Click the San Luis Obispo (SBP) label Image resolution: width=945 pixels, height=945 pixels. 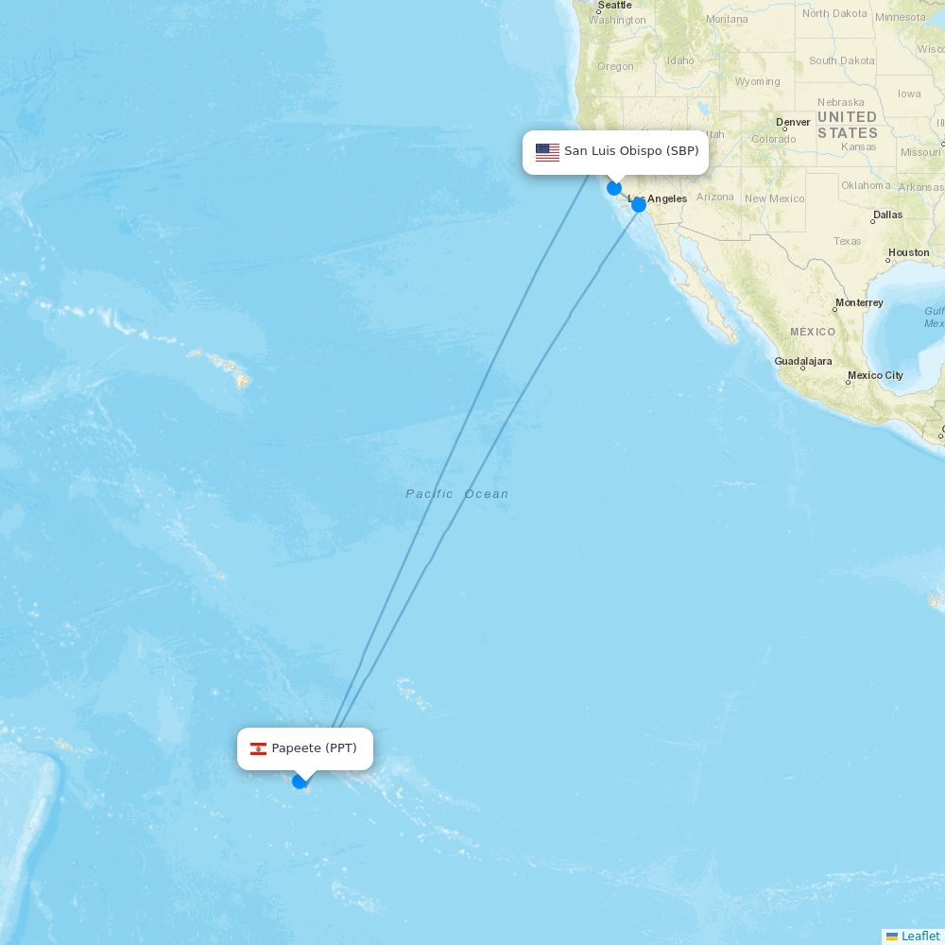click(630, 151)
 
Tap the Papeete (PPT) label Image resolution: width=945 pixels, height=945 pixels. click(314, 748)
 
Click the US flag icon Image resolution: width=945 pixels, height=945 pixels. click(547, 152)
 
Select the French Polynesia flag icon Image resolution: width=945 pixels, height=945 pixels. click(258, 749)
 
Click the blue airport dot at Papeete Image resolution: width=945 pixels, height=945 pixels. click(300, 781)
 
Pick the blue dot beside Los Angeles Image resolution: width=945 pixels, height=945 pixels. click(639, 204)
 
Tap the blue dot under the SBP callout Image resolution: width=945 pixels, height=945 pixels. click(614, 188)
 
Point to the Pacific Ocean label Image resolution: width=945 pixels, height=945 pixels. click(457, 494)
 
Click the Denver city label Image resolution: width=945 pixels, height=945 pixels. click(793, 122)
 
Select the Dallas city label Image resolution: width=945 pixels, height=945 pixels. click(887, 215)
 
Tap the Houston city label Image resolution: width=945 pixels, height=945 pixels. click(908, 252)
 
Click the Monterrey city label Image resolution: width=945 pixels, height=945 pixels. click(858, 303)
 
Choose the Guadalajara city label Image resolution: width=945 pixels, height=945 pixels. click(803, 361)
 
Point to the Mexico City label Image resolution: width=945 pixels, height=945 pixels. click(875, 375)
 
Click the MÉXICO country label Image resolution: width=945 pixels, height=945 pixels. click(813, 332)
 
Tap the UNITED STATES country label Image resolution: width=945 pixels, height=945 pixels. click(847, 125)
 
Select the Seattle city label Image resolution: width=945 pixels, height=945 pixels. click(614, 6)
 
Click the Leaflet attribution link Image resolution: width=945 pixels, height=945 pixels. click(919, 936)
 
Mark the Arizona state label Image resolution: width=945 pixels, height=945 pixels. click(714, 197)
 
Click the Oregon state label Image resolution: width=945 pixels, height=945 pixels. click(615, 66)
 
